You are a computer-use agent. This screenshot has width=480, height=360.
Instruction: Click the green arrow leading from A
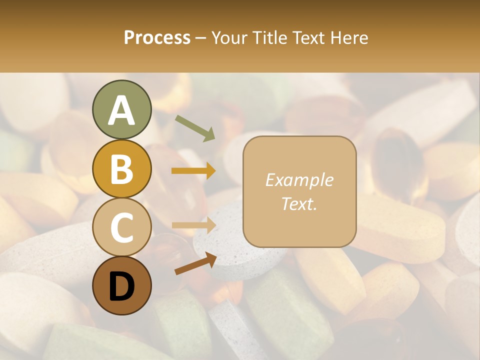click(194, 127)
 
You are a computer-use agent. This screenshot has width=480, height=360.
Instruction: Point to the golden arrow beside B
click(193, 171)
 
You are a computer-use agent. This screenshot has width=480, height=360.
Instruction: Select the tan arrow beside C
click(193, 225)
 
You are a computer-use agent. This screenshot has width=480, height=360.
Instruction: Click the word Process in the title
click(157, 38)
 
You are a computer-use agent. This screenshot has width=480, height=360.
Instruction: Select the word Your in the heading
click(228, 38)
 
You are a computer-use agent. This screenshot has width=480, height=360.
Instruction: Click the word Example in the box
click(299, 180)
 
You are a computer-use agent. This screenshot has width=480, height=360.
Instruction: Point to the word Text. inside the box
click(299, 203)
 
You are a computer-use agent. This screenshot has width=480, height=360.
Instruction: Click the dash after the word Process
click(200, 38)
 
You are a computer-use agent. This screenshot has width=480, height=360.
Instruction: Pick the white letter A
click(121, 111)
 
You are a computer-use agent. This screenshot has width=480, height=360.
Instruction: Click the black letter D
click(121, 286)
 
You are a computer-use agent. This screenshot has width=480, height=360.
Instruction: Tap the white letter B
click(121, 169)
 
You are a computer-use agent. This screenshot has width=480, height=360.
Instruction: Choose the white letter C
click(121, 227)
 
